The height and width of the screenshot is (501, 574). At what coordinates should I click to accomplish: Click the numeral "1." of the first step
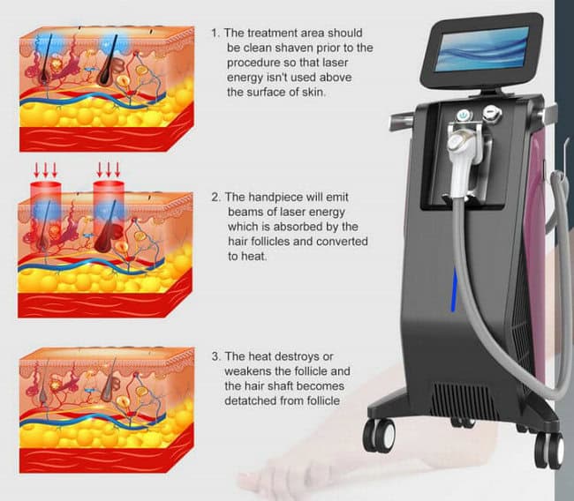coord(216,33)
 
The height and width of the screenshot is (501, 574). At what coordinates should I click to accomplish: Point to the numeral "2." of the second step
coord(216,197)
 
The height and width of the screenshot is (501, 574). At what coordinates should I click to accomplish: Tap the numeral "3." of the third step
coord(216,356)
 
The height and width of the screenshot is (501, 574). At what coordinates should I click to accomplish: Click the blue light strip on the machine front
coord(454,289)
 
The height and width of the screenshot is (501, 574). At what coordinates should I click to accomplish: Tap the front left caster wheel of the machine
coord(379,435)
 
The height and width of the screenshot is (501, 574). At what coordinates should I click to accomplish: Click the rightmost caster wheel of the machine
coord(549,450)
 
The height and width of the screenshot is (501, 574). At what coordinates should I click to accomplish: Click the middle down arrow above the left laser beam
coord(45,169)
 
